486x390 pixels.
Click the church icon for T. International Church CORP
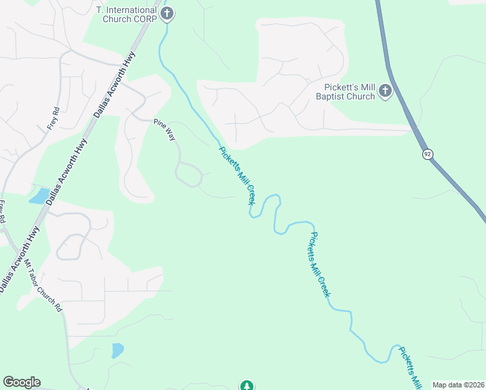(167, 13)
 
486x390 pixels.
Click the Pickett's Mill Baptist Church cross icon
(385, 91)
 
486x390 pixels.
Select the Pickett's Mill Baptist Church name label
(350, 92)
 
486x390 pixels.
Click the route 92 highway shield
(427, 154)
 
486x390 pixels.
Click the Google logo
(21, 382)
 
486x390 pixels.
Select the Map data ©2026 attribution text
(459, 385)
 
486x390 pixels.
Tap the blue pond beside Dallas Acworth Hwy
(39, 196)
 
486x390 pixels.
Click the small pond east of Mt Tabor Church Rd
(118, 350)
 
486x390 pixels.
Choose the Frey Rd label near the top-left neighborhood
(53, 118)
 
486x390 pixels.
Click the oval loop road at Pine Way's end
(188, 174)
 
